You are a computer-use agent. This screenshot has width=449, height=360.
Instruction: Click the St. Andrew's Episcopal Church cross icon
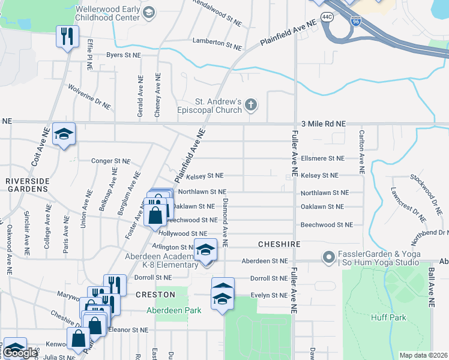tap(252, 106)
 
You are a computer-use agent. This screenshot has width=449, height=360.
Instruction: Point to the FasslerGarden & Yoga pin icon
tap(328, 257)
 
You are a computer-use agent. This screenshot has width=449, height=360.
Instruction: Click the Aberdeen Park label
tap(174, 310)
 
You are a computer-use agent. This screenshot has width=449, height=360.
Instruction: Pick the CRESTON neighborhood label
tap(155, 295)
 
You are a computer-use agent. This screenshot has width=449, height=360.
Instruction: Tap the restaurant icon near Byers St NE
tap(65, 36)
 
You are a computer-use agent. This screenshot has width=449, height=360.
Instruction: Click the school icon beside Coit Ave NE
tap(63, 134)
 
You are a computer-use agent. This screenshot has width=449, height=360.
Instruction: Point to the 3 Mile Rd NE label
tap(324, 123)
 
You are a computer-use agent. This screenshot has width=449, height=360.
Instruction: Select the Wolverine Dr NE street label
tap(89, 97)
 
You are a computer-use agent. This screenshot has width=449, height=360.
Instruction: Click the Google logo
tap(20, 353)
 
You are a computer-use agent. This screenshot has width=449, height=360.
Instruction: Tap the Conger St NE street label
tap(110, 161)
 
